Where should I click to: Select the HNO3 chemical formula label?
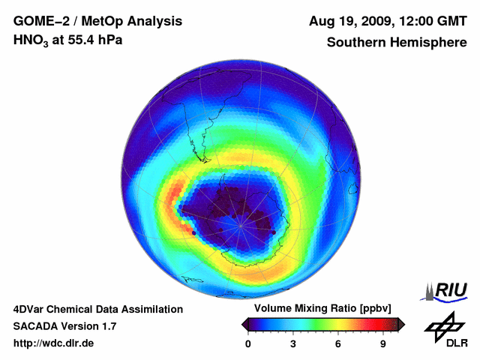pos(31,40)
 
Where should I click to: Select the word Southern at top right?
pos(355,43)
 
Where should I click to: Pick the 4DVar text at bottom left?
pos(32,309)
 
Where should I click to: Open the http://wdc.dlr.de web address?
pos(55,343)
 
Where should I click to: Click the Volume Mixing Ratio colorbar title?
pos(322,309)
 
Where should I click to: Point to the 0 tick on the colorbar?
pos(248,343)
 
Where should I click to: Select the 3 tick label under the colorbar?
pos(293,343)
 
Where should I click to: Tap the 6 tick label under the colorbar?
pos(338,343)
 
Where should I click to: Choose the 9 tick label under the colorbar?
pos(382,343)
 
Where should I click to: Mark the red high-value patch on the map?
pos(178,187)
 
